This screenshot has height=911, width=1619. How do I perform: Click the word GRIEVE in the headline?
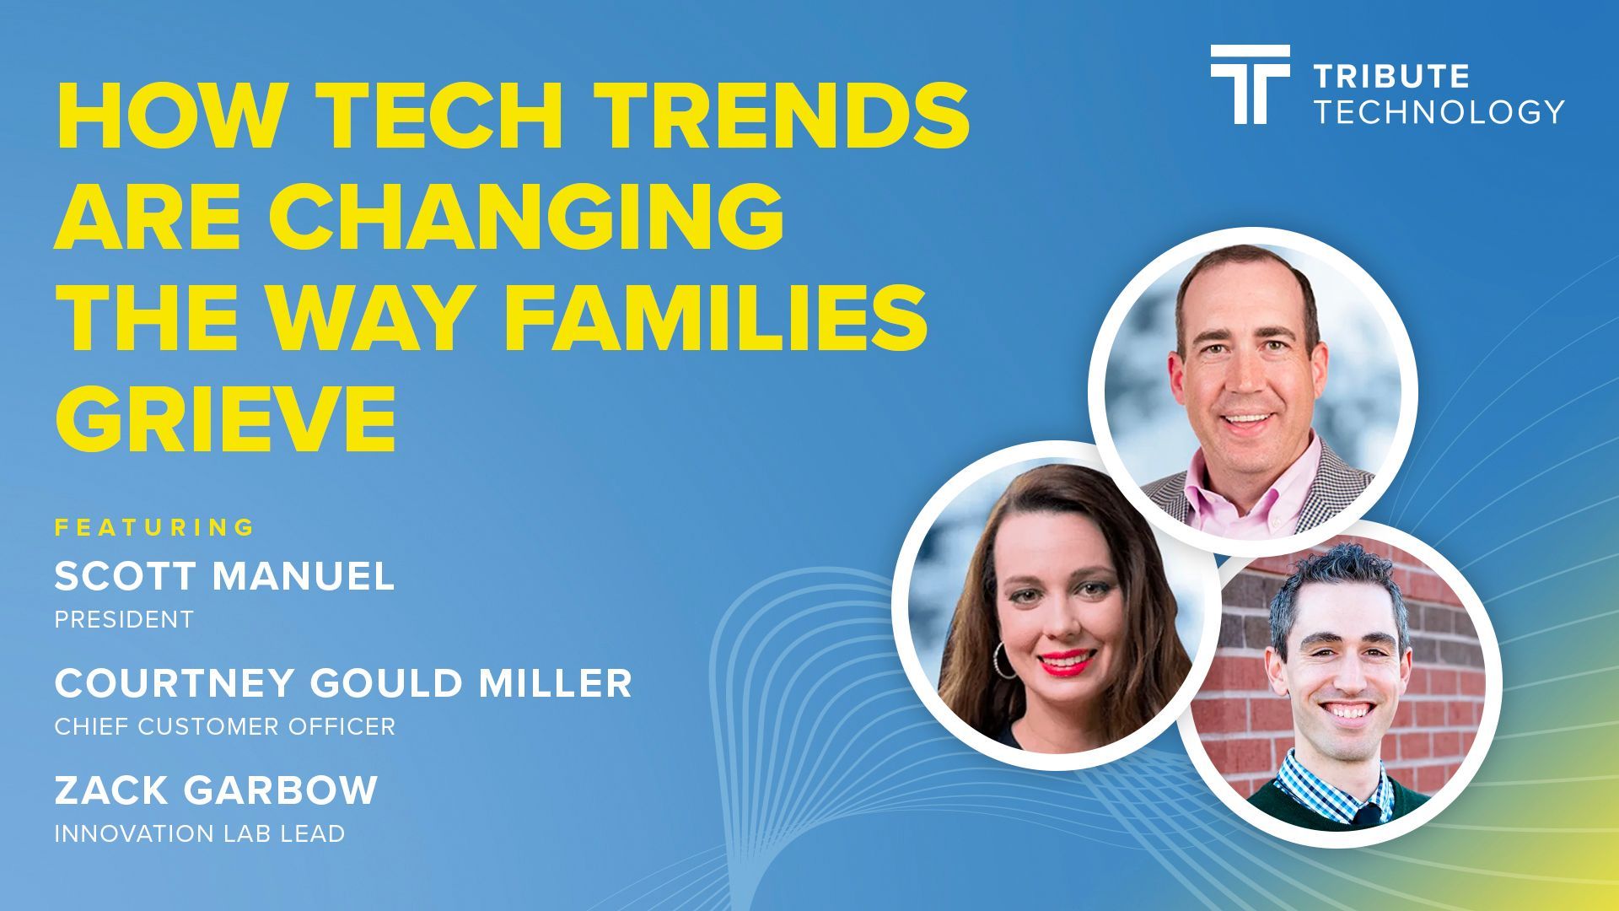(226, 419)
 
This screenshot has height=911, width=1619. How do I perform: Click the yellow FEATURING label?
(155, 528)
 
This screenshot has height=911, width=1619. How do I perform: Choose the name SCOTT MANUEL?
(224, 577)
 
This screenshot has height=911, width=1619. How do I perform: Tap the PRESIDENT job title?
(124, 620)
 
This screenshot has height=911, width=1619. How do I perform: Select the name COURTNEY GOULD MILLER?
(343, 683)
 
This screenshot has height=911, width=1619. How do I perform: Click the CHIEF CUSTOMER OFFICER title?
(225, 726)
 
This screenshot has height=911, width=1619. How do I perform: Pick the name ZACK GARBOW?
(216, 790)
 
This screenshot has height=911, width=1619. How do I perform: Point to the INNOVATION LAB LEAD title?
(200, 833)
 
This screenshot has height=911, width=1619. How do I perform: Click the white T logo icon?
(1250, 84)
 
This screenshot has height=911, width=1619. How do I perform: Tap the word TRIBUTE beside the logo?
(1392, 77)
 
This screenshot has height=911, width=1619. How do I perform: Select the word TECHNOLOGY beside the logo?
(1439, 111)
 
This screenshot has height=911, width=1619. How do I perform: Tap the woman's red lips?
(1064, 662)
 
